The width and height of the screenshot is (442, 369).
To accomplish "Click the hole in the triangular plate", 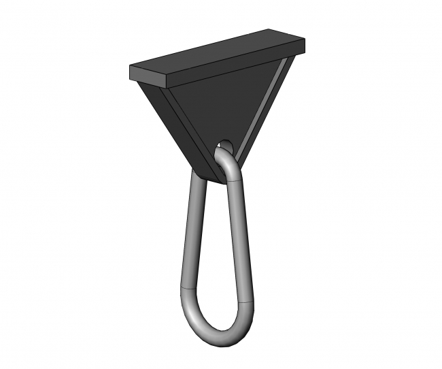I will [223, 146].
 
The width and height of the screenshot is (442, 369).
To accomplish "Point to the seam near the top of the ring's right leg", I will [235, 182].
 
